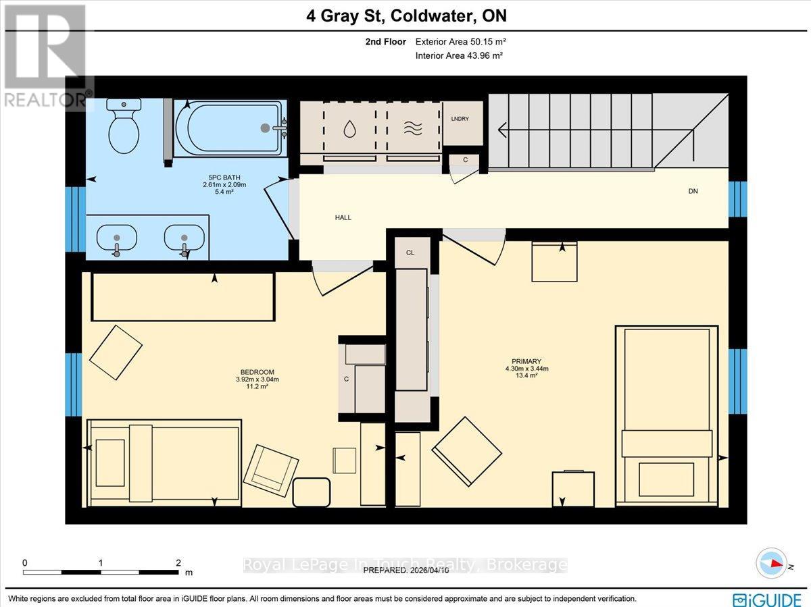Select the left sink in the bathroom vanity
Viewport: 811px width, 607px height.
tap(116, 238)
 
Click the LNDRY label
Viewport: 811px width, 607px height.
tap(460, 119)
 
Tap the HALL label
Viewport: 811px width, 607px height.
tap(343, 217)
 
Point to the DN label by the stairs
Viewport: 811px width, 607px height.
tap(693, 191)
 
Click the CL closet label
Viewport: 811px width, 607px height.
tap(410, 252)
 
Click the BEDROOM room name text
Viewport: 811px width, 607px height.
tap(257, 372)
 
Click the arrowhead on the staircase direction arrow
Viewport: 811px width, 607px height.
tap(502, 127)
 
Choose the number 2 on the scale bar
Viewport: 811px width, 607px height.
tap(178, 562)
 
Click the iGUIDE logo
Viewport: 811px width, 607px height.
tap(766, 599)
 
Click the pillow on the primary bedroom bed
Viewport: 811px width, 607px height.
tap(666, 444)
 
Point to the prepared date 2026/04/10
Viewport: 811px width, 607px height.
tap(431, 571)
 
